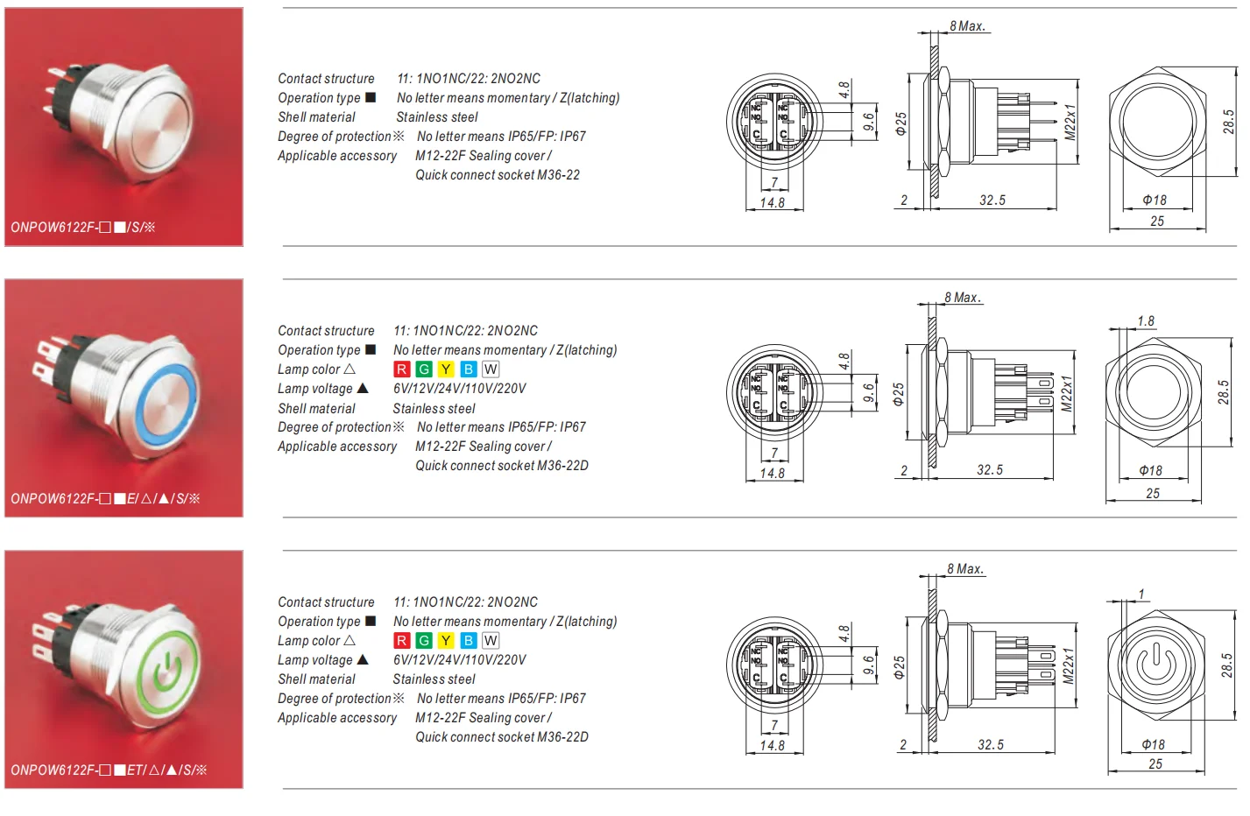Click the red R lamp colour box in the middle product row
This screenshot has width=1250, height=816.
click(x=402, y=369)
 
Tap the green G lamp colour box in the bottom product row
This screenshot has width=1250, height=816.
click(x=424, y=641)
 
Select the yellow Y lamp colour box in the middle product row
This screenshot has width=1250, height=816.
click(x=446, y=369)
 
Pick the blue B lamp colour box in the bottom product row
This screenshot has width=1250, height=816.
click(x=469, y=641)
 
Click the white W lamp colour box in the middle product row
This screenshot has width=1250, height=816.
click(x=491, y=369)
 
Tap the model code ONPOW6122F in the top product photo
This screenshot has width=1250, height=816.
click(x=53, y=228)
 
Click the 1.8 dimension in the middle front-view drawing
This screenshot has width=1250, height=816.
click(x=1146, y=321)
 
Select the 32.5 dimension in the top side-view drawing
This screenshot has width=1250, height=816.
click(x=992, y=200)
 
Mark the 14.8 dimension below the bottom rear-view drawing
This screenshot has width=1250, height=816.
click(x=772, y=746)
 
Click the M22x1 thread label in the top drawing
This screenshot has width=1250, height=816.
click(x=1070, y=122)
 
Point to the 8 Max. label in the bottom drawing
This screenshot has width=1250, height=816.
click(x=965, y=569)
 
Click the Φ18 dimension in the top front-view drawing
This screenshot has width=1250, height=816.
click(x=1155, y=200)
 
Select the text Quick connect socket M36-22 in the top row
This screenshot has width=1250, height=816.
click(x=498, y=175)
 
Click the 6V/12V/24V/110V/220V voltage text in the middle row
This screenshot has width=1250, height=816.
click(x=460, y=389)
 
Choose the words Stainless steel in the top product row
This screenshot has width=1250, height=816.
click(x=437, y=117)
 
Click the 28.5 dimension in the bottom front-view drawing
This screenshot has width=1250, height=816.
click(x=1227, y=665)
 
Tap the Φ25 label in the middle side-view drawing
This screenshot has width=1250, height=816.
click(x=899, y=395)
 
